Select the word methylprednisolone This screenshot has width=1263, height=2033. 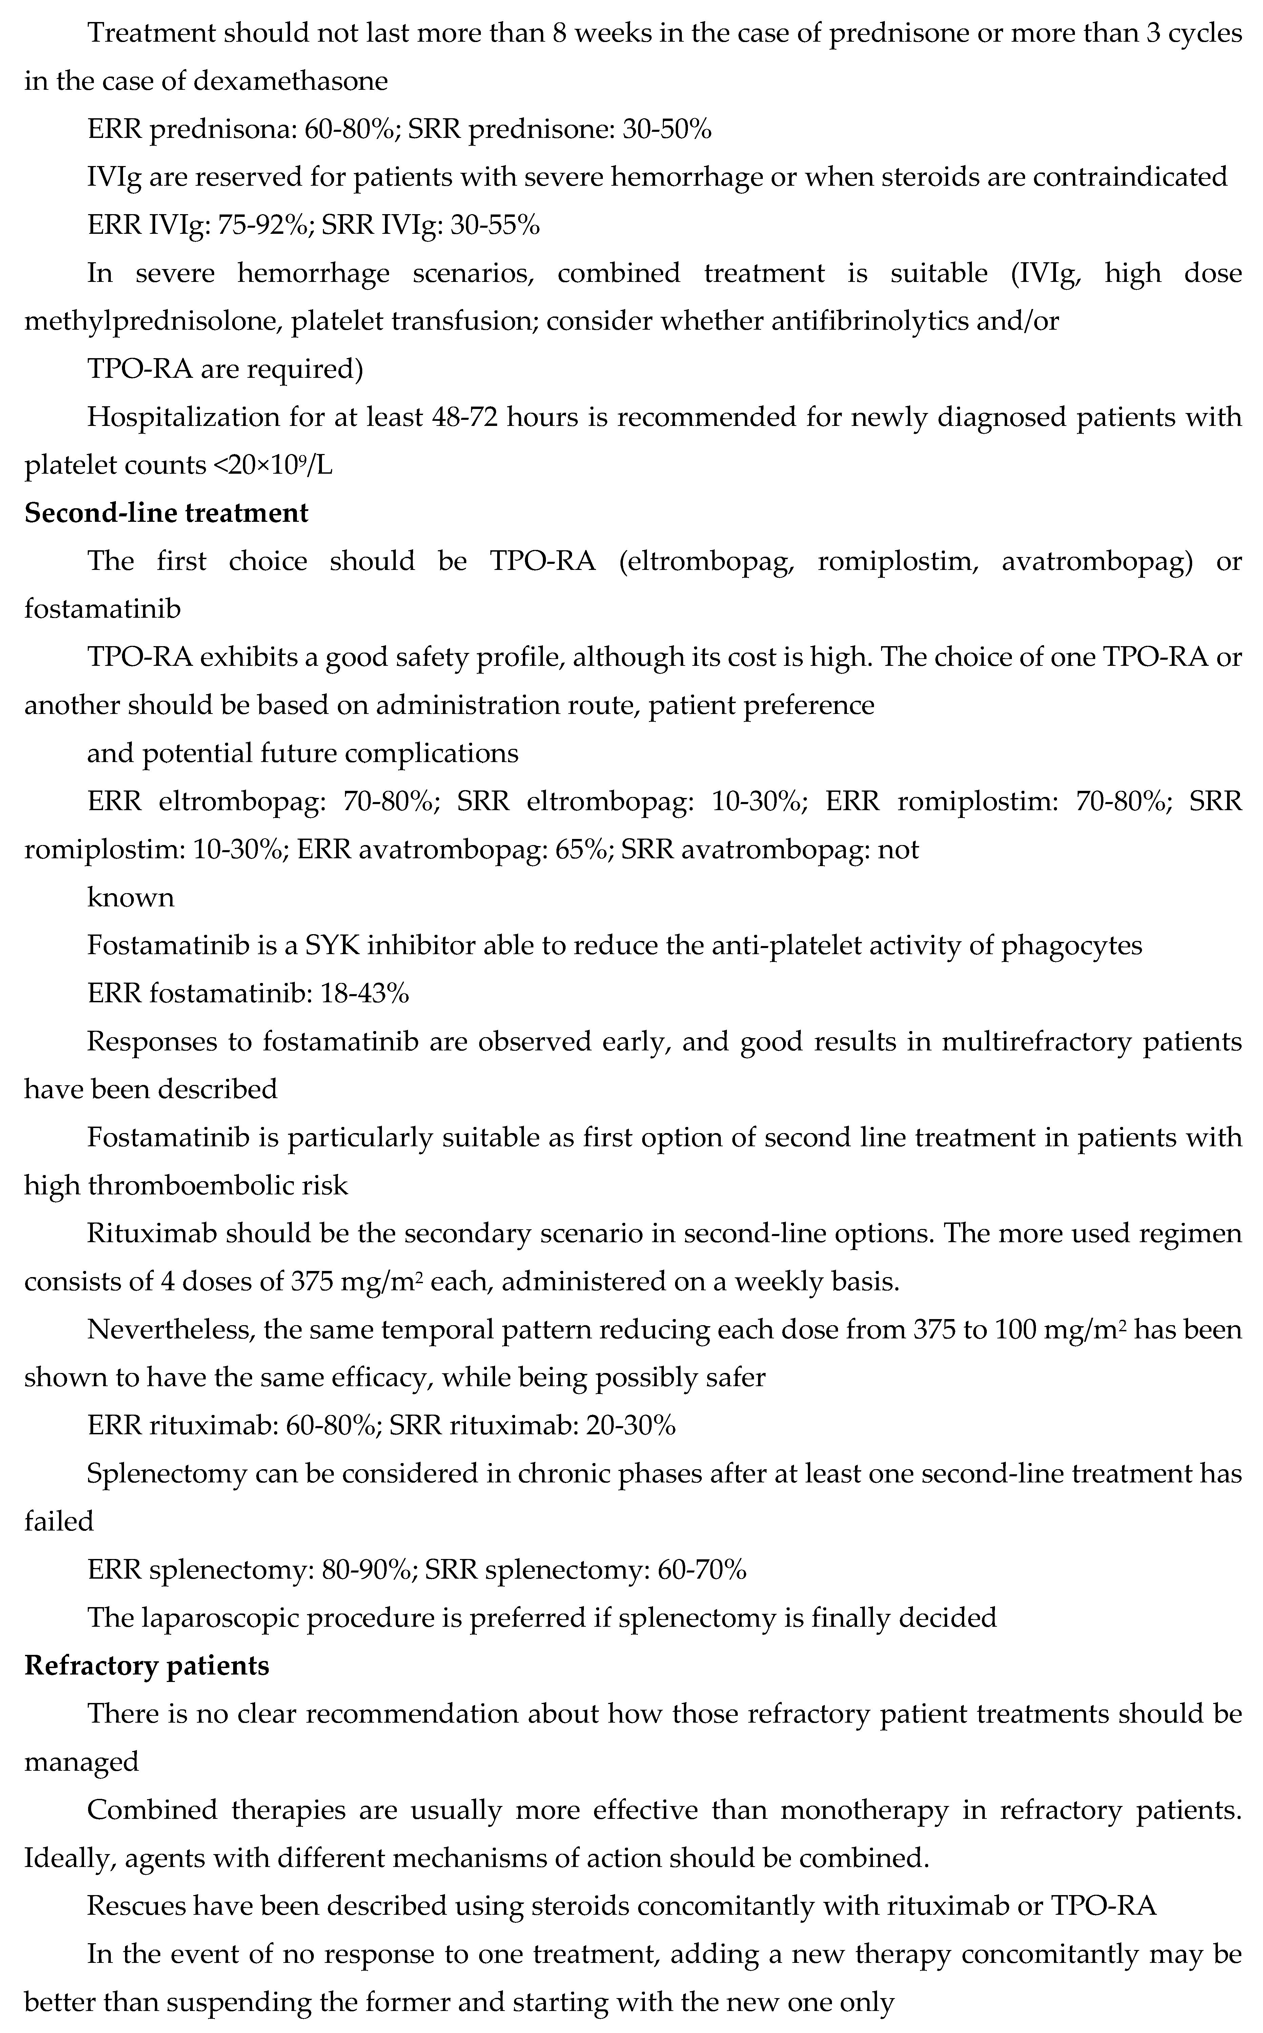pos(150,322)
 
